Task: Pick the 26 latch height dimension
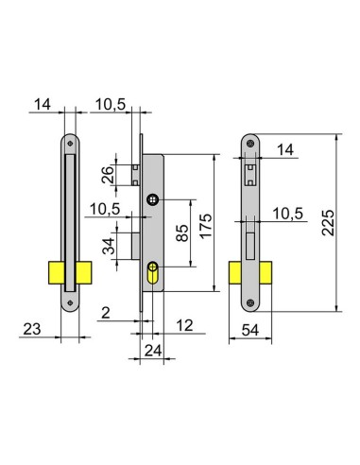click(108, 172)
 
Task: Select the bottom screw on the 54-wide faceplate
click(250, 303)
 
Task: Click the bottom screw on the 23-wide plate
click(68, 304)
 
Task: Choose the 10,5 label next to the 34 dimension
click(104, 208)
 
